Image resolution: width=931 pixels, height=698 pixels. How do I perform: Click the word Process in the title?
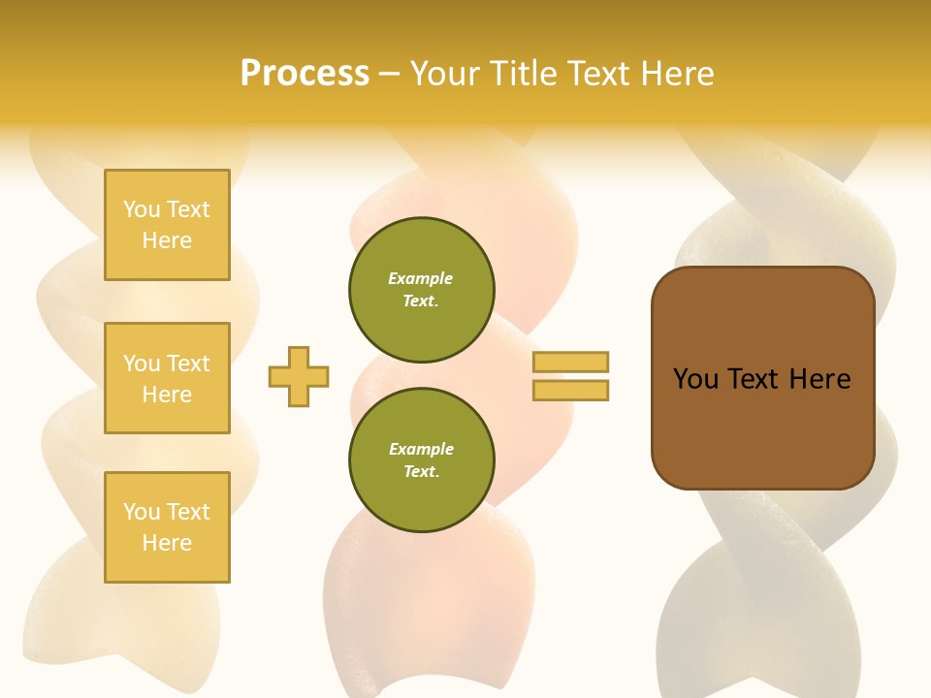[305, 74]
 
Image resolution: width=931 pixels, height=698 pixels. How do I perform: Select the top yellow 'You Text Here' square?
[167, 225]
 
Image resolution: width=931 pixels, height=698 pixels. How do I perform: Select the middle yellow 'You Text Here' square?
[167, 378]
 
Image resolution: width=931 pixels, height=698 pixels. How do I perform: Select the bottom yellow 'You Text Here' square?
[167, 527]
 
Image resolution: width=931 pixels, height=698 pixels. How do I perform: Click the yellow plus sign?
[299, 376]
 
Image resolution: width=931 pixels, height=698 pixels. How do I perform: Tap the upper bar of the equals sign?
[570, 362]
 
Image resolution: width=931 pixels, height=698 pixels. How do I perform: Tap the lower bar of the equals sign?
[570, 390]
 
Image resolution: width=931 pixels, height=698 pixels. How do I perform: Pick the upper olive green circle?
[421, 290]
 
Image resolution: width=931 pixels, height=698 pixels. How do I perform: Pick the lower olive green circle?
[421, 460]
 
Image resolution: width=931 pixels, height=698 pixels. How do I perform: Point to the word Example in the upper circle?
[421, 278]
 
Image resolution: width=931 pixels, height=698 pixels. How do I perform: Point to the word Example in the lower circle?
[421, 449]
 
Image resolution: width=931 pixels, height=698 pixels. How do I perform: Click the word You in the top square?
[142, 209]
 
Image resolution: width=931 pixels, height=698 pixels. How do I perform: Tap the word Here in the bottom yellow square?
[167, 543]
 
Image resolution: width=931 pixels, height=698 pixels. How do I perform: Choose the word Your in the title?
[444, 74]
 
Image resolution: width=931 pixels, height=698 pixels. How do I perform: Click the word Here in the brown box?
[819, 379]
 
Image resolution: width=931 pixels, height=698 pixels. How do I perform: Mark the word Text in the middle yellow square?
[188, 364]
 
